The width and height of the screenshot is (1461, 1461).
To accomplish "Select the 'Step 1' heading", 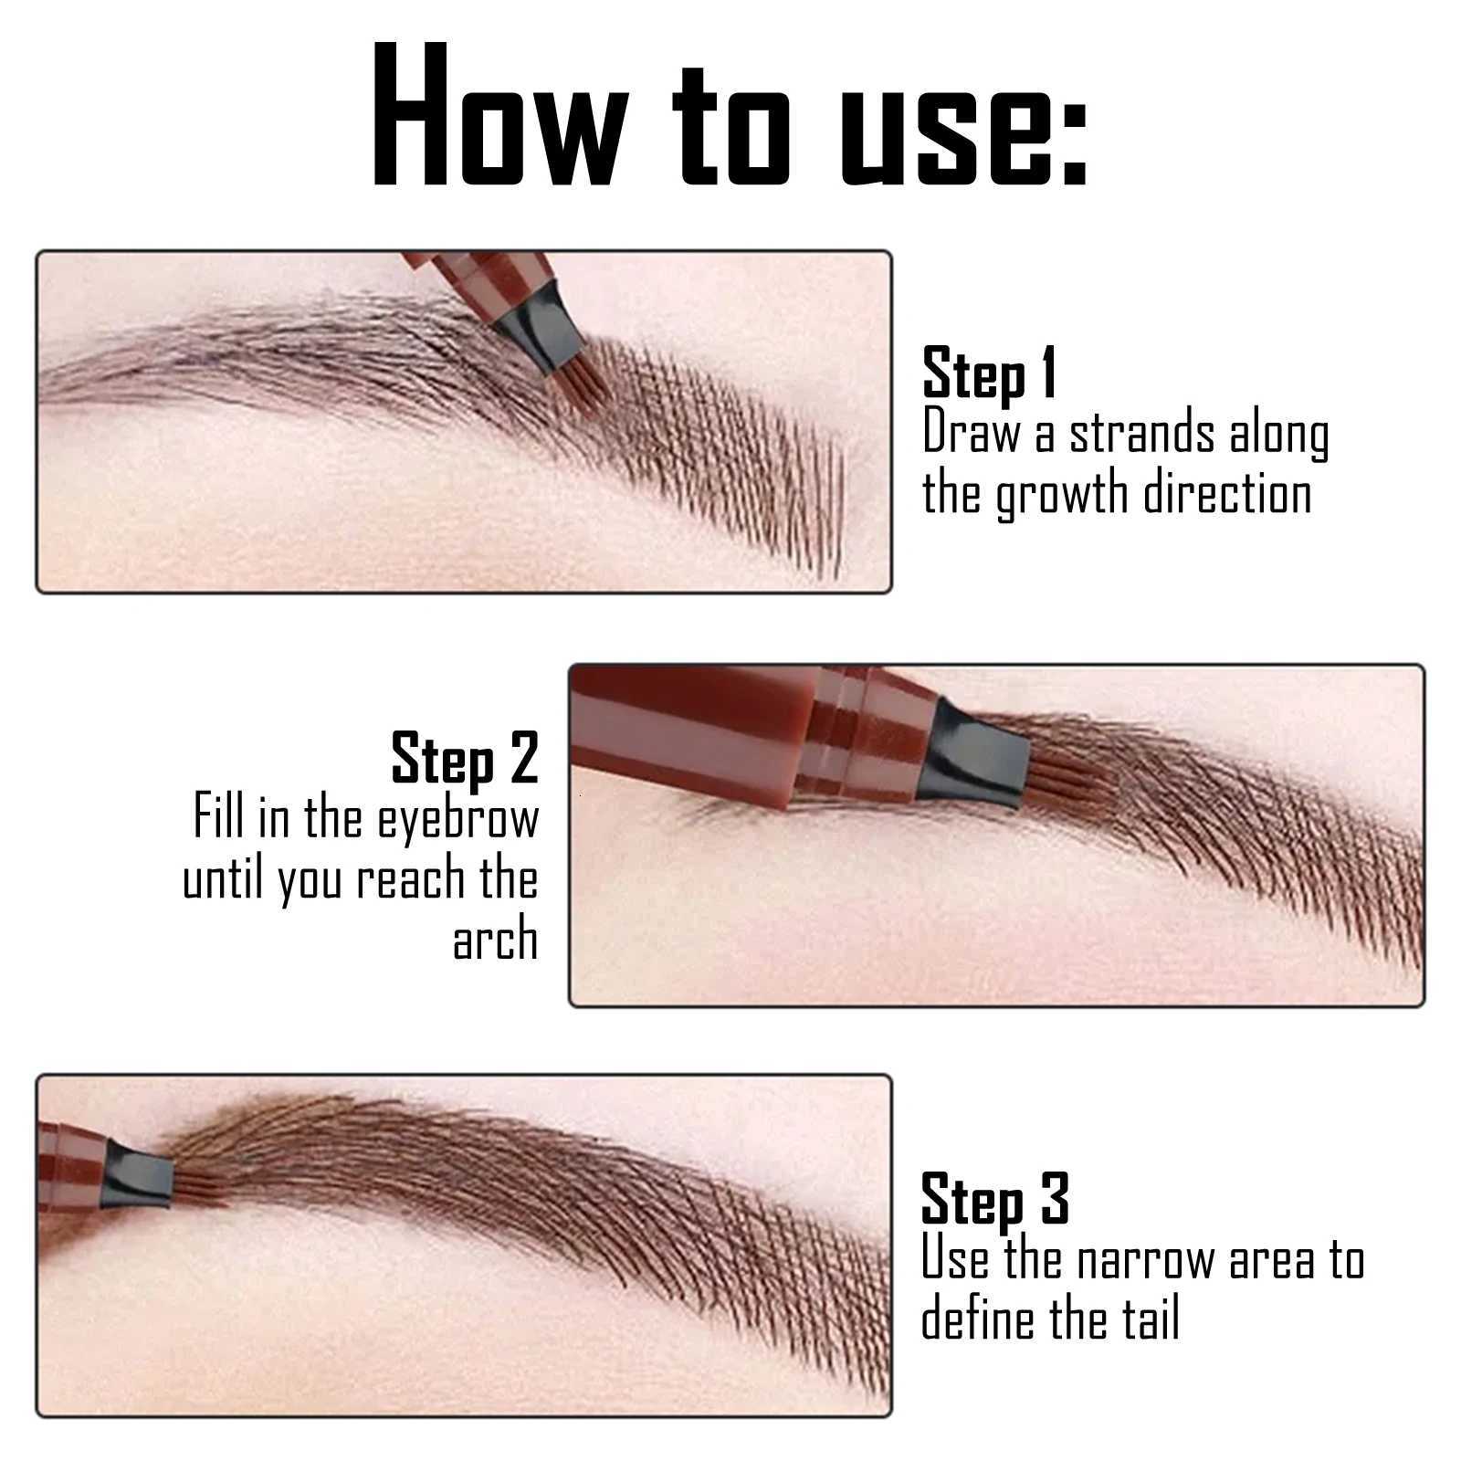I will click(x=989, y=373).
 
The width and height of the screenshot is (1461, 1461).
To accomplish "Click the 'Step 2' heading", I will click(x=465, y=759).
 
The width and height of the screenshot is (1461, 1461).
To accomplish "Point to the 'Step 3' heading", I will click(x=994, y=1198).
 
